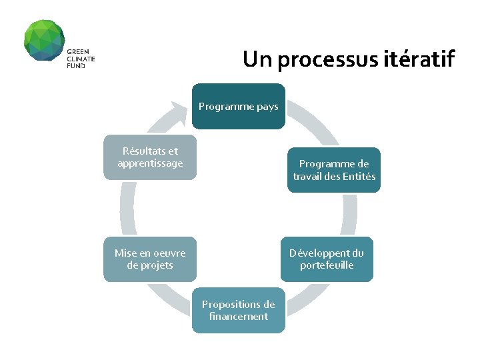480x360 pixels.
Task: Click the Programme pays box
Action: pyautogui.click(x=238, y=106)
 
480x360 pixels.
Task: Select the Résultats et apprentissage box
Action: pyautogui.click(x=150, y=158)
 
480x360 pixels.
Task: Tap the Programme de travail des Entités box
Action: pyautogui.click(x=334, y=170)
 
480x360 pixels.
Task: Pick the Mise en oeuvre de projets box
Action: pyautogui.click(x=150, y=259)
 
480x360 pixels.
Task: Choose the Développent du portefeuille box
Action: pyautogui.click(x=327, y=259)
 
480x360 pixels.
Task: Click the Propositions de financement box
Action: pyautogui.click(x=238, y=311)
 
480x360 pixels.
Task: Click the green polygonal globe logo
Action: pyautogui.click(x=44, y=40)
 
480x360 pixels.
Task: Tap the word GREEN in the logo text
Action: pyautogui.click(x=77, y=52)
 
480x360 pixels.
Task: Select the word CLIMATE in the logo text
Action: pyautogui.click(x=81, y=59)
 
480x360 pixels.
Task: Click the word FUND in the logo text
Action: pyautogui.click(x=75, y=66)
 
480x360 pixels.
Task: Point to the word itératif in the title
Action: pyautogui.click(x=419, y=59)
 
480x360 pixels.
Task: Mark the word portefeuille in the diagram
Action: pyautogui.click(x=327, y=265)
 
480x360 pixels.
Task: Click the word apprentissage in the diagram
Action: pyautogui.click(x=150, y=164)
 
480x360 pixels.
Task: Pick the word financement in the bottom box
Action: pyautogui.click(x=238, y=317)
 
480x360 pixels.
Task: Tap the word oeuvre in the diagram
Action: pyautogui.click(x=169, y=253)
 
